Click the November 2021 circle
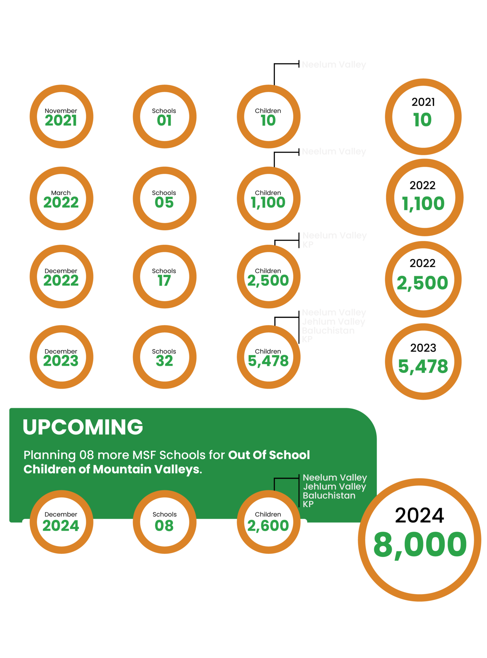[x=61, y=117]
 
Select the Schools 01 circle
[x=164, y=117]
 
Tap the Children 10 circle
[x=269, y=117]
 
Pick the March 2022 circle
[x=61, y=198]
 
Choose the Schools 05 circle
[x=164, y=198]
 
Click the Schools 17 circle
[x=164, y=277]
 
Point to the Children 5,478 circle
[x=269, y=357]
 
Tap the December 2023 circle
[x=61, y=357]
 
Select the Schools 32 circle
[x=164, y=357]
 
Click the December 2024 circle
[x=61, y=522]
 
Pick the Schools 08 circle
[x=164, y=522]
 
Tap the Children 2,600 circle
[x=269, y=522]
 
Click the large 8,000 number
[x=420, y=545]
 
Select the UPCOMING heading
[x=83, y=427]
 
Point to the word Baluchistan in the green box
[x=329, y=495]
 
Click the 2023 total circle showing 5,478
[x=423, y=361]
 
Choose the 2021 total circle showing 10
[x=423, y=117]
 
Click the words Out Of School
[x=269, y=455]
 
